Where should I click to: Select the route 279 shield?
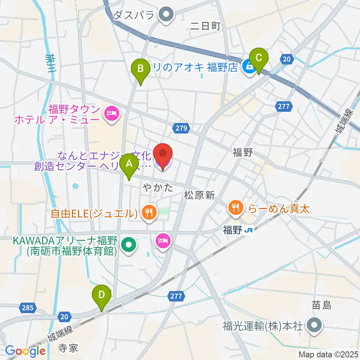tap(180, 129)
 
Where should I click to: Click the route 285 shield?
tap(27, 308)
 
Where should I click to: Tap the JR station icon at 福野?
tap(248, 231)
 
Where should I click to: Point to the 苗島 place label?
tap(322, 306)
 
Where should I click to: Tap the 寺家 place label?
tap(68, 348)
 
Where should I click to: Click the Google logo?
tap(25, 351)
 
